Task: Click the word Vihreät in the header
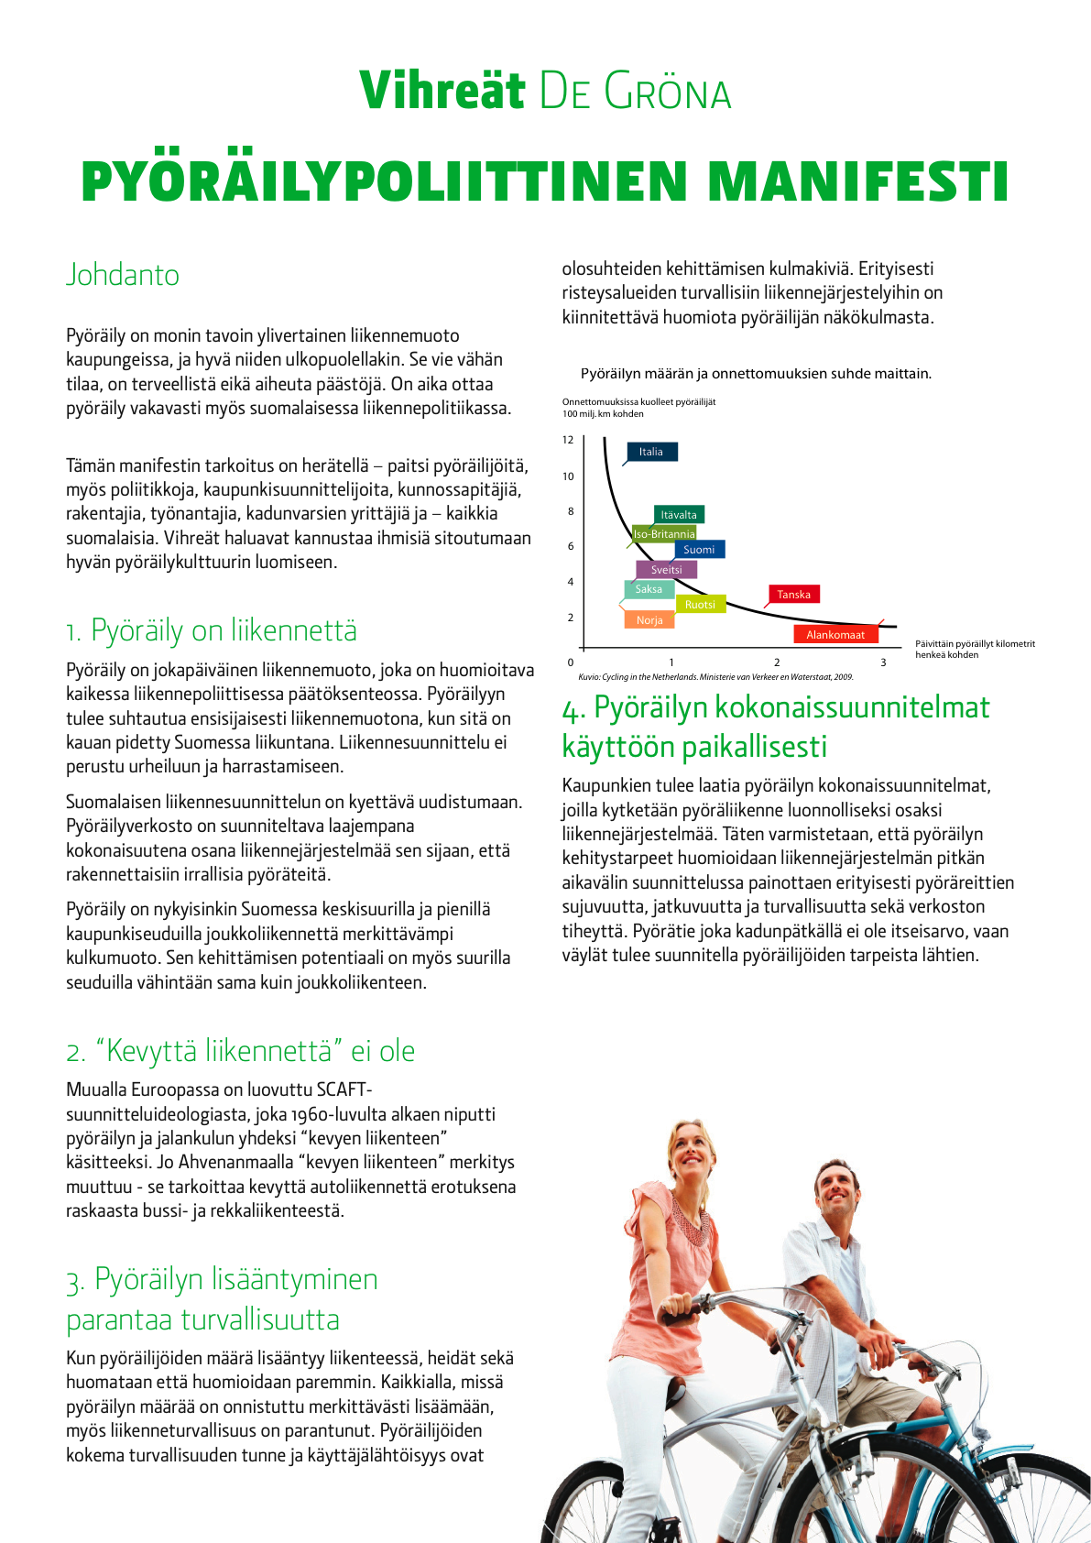[x=442, y=90]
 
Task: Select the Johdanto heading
[x=123, y=274]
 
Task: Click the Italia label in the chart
[x=651, y=452]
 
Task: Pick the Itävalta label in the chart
[x=679, y=514]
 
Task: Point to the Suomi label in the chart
[x=699, y=549]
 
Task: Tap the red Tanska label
[x=793, y=594]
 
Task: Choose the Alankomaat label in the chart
[x=835, y=634]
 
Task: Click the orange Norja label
[x=649, y=620]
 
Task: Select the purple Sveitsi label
[x=667, y=569]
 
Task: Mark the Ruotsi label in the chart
[x=700, y=604]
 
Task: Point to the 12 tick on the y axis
[x=568, y=440]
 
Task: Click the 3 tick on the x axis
[x=884, y=662]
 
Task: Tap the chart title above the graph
[x=756, y=373]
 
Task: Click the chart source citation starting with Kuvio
[x=715, y=677]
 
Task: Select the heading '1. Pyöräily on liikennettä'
[x=212, y=630]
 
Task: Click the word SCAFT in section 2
[x=342, y=1089]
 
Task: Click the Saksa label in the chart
[x=649, y=589]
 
